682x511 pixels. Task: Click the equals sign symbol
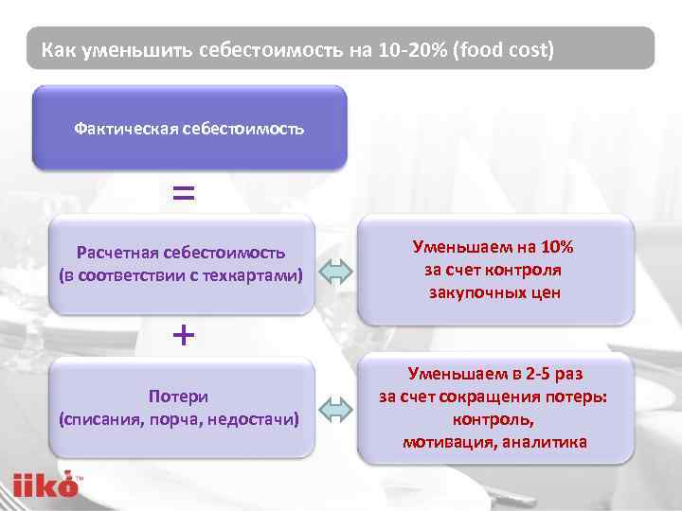click(x=184, y=194)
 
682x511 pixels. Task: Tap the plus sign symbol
click(x=184, y=334)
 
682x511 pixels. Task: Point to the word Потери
click(x=178, y=396)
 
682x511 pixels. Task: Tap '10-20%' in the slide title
click(x=413, y=48)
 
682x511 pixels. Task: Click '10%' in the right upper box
click(x=554, y=248)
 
